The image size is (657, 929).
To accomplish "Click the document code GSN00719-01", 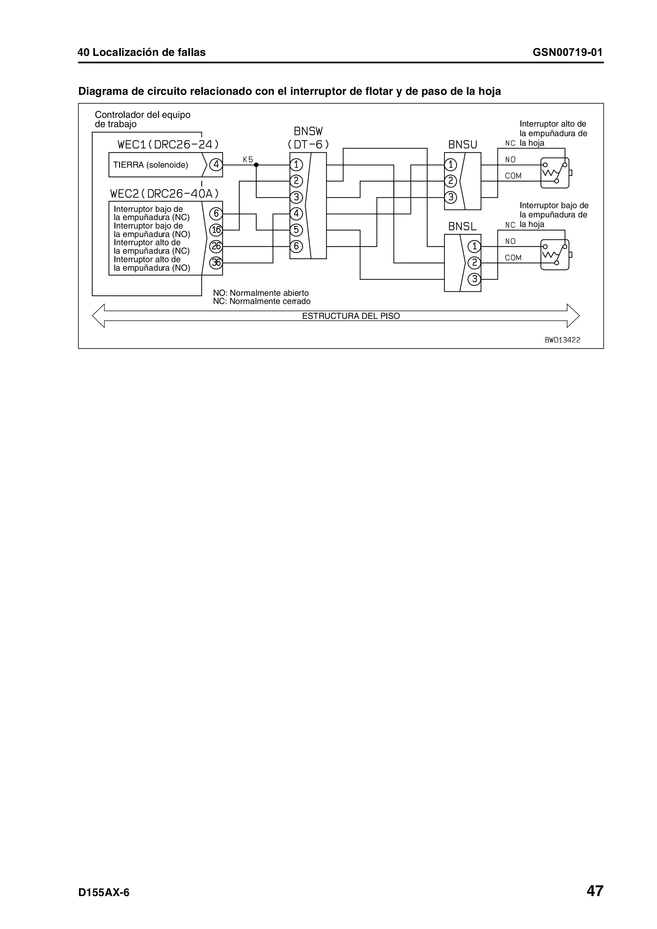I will (x=567, y=53).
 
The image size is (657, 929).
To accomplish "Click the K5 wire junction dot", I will (x=256, y=165).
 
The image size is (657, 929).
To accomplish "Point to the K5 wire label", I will (x=248, y=159).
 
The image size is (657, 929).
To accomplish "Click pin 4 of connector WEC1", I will (x=216, y=165).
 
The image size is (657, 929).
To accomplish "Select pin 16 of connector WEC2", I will (x=216, y=230).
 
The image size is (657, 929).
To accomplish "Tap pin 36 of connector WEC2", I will (x=216, y=263).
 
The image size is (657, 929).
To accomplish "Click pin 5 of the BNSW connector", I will (x=296, y=230).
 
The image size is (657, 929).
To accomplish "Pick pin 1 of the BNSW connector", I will (x=296, y=165).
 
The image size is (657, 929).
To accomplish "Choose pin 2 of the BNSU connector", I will (x=450, y=181).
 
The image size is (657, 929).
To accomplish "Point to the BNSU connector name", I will (x=463, y=145).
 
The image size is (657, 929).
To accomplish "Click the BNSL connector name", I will (x=462, y=227).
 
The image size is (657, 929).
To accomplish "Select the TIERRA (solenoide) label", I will (x=150, y=165).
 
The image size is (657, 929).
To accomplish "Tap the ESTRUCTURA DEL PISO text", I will (x=351, y=316).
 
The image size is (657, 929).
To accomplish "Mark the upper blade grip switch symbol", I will (x=555, y=173).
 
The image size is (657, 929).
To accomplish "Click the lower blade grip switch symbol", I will (x=555, y=255).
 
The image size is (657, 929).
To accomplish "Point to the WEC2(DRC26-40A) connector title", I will (x=164, y=194).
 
